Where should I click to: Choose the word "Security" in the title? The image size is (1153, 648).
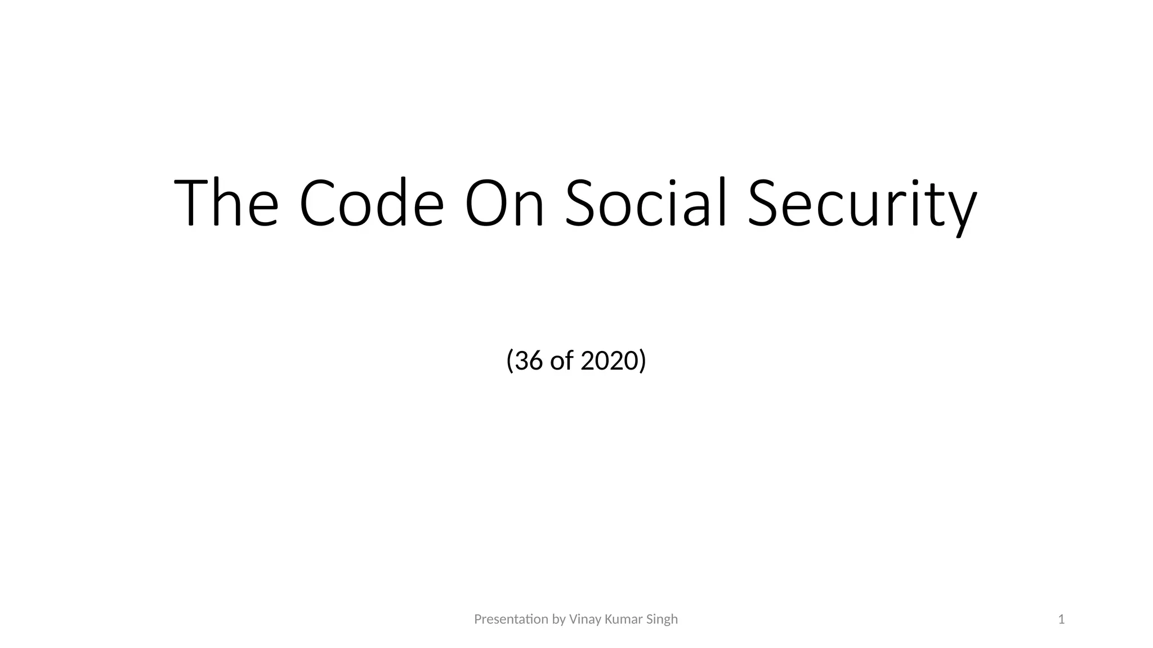pyautogui.click(x=862, y=204)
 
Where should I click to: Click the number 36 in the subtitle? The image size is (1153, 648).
pyautogui.click(x=528, y=361)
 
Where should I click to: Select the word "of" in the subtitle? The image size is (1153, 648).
pyautogui.click(x=561, y=361)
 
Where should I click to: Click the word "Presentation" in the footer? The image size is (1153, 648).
pyautogui.click(x=511, y=619)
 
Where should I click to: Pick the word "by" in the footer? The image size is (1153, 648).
pyautogui.click(x=558, y=620)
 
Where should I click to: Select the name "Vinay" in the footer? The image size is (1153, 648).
pyautogui.click(x=585, y=620)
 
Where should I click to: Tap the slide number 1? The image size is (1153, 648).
pyautogui.click(x=1061, y=619)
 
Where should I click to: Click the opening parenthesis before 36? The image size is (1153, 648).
pyautogui.click(x=510, y=361)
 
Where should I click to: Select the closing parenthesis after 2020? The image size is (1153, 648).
pyautogui.click(x=643, y=361)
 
